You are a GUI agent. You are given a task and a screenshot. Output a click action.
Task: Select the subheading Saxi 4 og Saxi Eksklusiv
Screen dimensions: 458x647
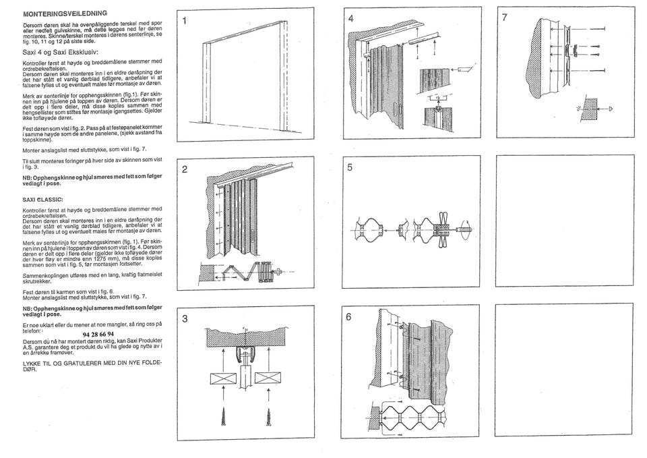pos(61,51)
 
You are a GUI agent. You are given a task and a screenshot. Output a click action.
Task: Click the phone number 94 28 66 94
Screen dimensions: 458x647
pos(98,334)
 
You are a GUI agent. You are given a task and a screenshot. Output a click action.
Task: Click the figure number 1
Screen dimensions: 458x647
pos(184,20)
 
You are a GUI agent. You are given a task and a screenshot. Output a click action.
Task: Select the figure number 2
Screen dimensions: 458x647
pos(184,169)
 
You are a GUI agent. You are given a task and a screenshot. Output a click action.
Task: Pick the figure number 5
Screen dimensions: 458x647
pos(350,169)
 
